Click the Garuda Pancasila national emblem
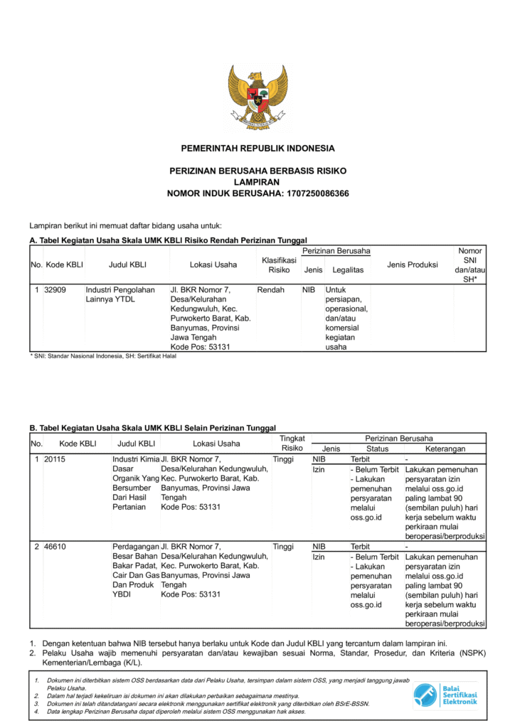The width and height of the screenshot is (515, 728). (x=257, y=97)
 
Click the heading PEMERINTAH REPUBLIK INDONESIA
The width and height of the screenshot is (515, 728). (x=257, y=149)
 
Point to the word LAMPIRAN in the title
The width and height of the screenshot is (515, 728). (x=257, y=183)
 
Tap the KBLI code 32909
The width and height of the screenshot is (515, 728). (x=55, y=290)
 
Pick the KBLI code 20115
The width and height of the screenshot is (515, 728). (x=55, y=459)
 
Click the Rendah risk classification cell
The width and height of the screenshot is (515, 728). (x=270, y=290)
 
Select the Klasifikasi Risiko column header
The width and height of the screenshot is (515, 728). (x=279, y=265)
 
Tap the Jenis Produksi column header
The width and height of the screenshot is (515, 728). (x=412, y=265)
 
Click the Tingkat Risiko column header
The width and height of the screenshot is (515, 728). (x=292, y=444)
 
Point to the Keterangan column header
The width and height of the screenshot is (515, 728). (x=445, y=449)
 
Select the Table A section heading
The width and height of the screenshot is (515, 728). (x=168, y=241)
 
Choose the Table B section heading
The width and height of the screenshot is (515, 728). (x=152, y=429)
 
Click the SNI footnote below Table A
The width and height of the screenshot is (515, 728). (x=103, y=356)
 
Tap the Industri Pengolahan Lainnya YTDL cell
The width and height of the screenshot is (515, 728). (x=120, y=295)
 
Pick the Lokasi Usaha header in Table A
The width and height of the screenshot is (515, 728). (x=213, y=265)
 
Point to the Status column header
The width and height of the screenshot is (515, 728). (x=377, y=449)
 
